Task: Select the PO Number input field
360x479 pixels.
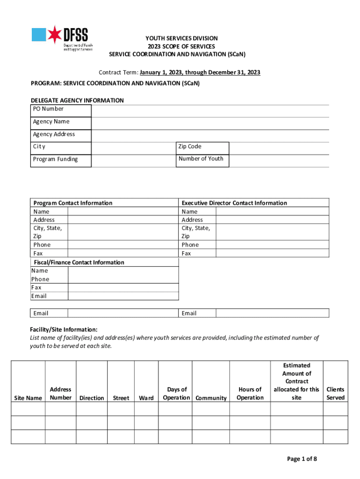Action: click(210, 110)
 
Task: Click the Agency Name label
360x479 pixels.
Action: click(51, 122)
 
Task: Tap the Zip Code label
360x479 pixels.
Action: click(189, 146)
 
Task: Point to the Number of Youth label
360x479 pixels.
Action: click(201, 159)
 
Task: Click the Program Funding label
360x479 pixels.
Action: click(55, 159)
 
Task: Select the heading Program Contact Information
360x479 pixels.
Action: click(73, 203)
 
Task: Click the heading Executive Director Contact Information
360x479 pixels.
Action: click(234, 203)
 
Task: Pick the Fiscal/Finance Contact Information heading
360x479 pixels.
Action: click(78, 262)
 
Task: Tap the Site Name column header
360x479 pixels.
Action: click(28, 398)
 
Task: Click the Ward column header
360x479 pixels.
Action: click(146, 398)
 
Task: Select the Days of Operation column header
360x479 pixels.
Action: click(176, 393)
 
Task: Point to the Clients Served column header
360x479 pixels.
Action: click(335, 393)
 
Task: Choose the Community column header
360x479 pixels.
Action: click(211, 398)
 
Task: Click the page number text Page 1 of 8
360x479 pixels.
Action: click(302, 459)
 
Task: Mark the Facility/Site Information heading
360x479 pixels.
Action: click(64, 329)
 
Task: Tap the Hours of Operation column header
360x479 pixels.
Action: click(250, 393)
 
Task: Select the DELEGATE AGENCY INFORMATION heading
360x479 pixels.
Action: click(77, 101)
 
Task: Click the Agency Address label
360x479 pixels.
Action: click(54, 134)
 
